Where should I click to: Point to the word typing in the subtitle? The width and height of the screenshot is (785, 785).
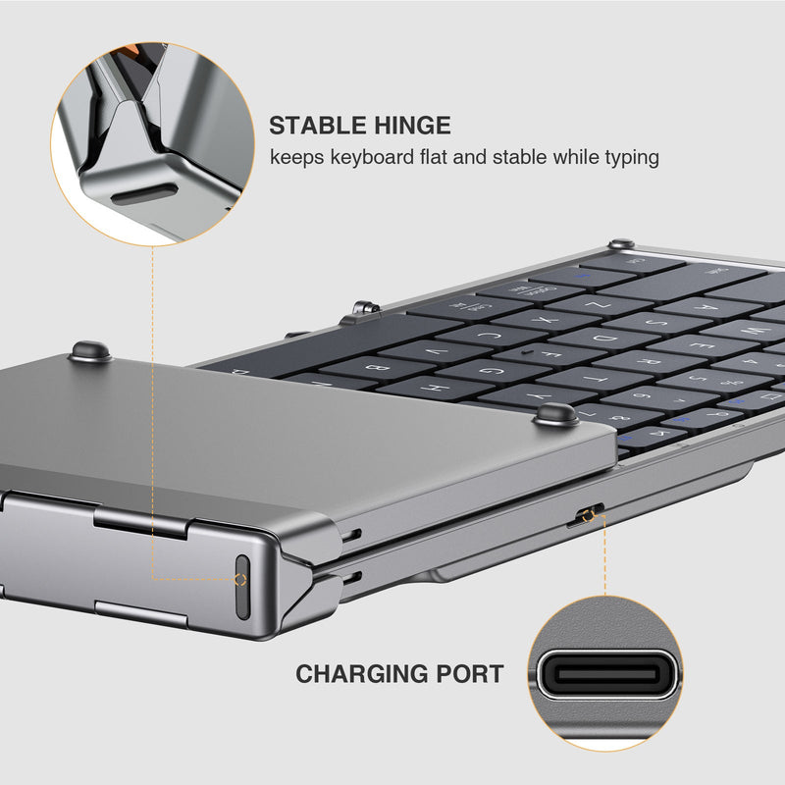pos(628,157)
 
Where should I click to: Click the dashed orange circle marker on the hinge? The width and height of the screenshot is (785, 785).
pos(241,579)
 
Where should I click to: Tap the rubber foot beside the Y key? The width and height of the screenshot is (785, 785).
pos(555,413)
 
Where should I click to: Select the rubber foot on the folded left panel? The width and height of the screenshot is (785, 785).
pos(88,349)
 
